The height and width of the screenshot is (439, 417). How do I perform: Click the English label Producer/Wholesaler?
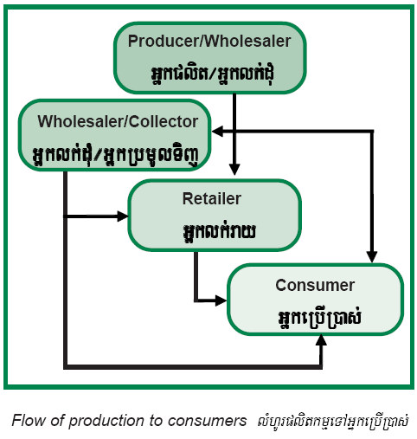click(x=209, y=42)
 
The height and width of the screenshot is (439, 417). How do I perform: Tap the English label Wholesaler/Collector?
click(x=118, y=121)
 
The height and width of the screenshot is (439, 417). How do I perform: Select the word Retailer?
click(x=212, y=199)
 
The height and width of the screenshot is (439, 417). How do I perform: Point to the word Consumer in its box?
click(x=315, y=285)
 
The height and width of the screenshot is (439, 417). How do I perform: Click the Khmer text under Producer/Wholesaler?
click(x=212, y=74)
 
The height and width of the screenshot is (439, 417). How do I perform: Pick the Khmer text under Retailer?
click(x=219, y=231)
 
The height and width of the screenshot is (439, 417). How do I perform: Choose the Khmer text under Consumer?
click(x=319, y=319)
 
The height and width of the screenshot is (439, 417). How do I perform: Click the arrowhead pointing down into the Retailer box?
click(x=234, y=170)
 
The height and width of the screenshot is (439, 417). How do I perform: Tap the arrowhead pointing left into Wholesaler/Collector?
click(x=217, y=132)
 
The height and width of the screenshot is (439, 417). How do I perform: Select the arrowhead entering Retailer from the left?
click(x=122, y=216)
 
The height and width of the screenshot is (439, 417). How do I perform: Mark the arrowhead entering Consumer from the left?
click(x=221, y=300)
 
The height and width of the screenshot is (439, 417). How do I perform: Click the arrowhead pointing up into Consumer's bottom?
click(x=321, y=340)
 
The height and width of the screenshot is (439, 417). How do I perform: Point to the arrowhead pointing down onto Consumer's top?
click(x=372, y=257)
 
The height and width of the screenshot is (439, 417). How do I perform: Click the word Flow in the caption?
click(x=29, y=421)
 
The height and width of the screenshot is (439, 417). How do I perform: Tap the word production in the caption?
click(x=106, y=422)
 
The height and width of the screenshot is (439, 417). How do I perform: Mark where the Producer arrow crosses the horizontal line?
click(x=234, y=132)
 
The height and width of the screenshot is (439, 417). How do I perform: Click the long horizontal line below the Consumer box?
click(x=193, y=367)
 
